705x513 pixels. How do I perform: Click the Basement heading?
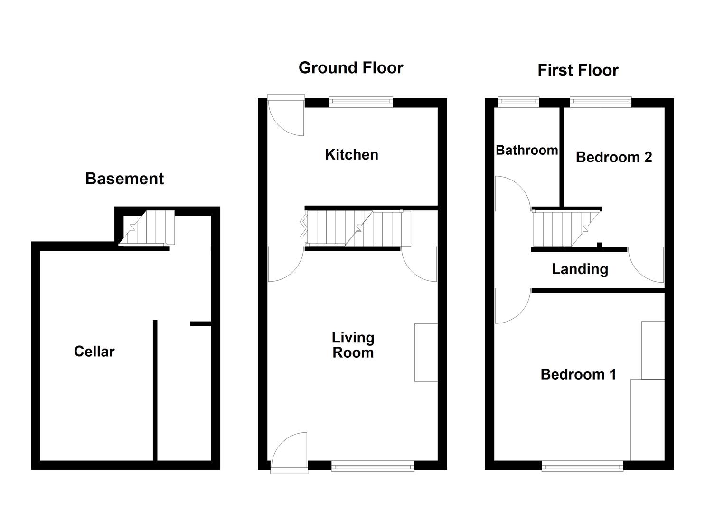tap(124, 179)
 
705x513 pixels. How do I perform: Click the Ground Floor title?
tap(351, 68)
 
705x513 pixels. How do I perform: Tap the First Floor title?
tap(578, 70)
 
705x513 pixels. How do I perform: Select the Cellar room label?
tap(94, 351)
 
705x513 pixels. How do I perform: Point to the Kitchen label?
tap(351, 154)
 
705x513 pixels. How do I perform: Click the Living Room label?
tap(353, 345)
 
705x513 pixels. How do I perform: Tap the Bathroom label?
tap(526, 150)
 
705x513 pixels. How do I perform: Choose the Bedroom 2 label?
tap(613, 157)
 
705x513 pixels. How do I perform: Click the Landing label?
tap(580, 269)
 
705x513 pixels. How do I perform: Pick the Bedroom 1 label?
tap(578, 374)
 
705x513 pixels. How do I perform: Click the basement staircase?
tap(147, 228)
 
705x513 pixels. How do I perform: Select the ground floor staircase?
tap(356, 228)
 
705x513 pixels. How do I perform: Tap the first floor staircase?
tap(565, 229)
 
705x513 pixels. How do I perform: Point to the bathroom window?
tap(518, 101)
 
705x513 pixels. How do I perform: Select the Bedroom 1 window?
tap(582, 466)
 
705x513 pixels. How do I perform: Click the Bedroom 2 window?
tap(601, 101)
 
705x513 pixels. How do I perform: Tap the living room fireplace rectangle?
tap(426, 352)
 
